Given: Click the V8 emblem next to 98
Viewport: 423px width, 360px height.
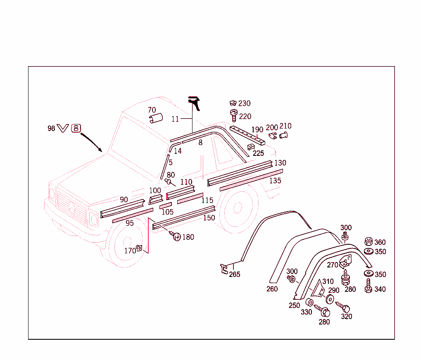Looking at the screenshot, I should (x=69, y=128).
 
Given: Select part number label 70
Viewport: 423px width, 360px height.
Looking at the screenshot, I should (x=152, y=110).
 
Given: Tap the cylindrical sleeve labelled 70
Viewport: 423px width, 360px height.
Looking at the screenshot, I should (x=155, y=119).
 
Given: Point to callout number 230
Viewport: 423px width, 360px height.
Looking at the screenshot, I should (x=244, y=103).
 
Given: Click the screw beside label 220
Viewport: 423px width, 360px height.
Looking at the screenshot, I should (x=233, y=115).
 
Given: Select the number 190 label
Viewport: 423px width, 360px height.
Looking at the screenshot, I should (x=257, y=130).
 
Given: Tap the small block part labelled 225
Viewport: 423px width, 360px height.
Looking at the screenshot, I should (x=250, y=147).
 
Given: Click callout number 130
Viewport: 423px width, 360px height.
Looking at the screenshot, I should (x=280, y=163).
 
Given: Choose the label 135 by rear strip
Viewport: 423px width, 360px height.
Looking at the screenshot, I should (x=275, y=181).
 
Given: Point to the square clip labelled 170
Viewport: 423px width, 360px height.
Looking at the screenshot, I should (x=139, y=248).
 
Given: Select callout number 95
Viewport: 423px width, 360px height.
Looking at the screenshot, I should (x=130, y=223).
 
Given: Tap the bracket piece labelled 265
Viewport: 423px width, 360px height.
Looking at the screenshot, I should (x=224, y=269).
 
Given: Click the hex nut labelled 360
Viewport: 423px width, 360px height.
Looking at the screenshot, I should (x=368, y=242).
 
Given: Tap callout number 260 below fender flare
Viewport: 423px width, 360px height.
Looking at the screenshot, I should (x=272, y=289).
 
